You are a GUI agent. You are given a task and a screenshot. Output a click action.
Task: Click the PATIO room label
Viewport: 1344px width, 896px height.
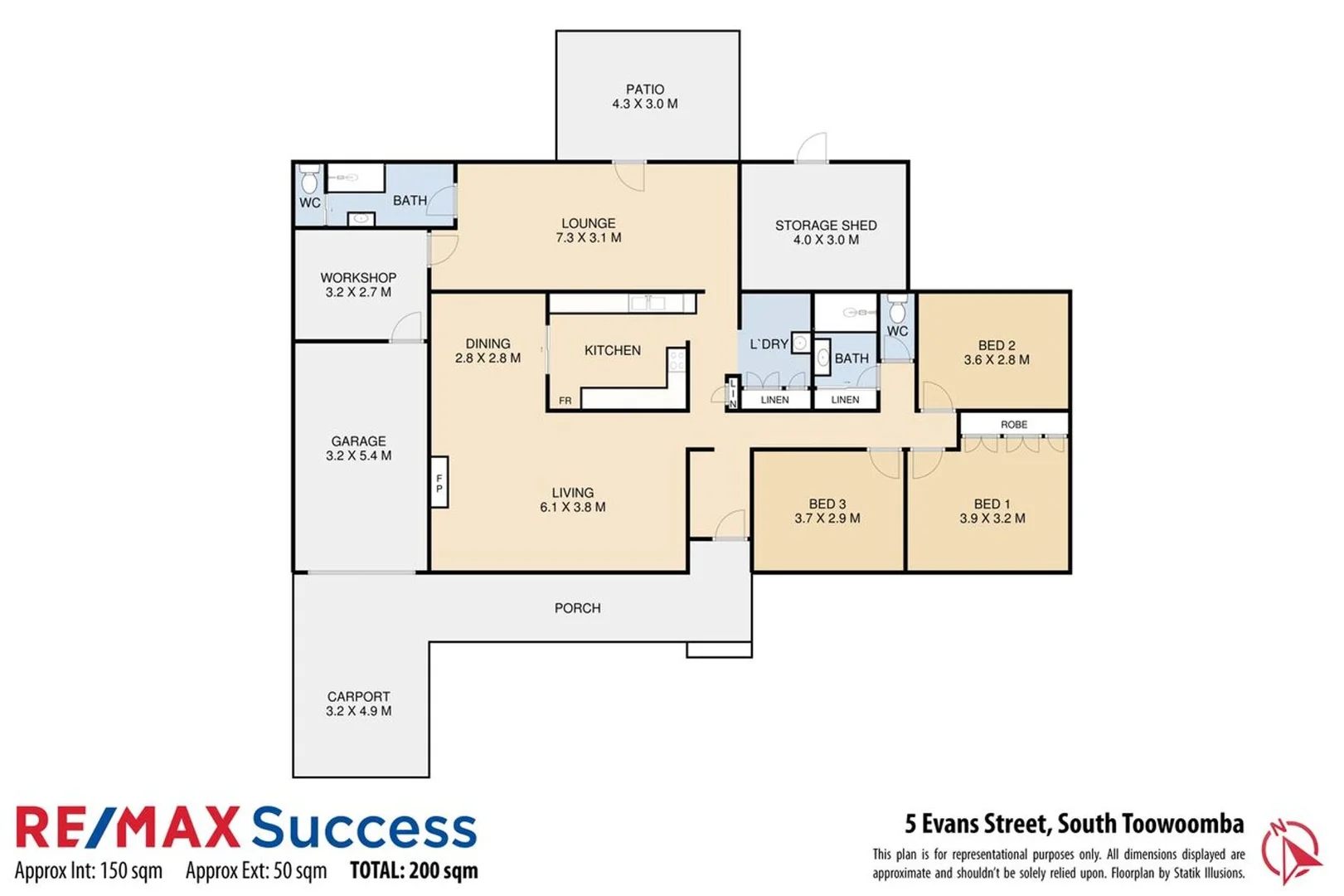[644, 89]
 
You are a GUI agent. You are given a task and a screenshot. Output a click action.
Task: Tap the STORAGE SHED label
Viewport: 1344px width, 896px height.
[825, 225]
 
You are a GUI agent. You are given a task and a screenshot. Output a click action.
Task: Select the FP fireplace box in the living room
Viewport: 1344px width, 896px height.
[439, 483]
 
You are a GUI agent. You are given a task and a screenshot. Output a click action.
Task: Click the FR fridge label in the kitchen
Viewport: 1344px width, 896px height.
[565, 401]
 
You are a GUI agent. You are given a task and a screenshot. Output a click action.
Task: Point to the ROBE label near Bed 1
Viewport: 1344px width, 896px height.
[1013, 424]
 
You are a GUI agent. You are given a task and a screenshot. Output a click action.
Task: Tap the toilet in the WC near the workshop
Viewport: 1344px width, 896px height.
[309, 180]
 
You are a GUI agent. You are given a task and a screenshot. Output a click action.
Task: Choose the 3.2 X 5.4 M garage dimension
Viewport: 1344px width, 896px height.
[358, 455]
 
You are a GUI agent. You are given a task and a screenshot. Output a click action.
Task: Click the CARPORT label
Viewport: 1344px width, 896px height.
[358, 696]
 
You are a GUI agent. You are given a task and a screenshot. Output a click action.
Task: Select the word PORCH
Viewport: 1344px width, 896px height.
[577, 607]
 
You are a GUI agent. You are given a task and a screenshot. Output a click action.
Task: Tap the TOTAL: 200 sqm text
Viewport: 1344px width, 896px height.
[414, 870]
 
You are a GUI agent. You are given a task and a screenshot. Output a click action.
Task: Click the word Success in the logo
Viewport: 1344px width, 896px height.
[364, 828]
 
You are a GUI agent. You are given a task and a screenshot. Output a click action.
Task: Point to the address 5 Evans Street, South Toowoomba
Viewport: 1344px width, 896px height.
[1074, 824]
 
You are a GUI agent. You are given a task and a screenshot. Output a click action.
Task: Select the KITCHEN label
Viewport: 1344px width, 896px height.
[612, 350]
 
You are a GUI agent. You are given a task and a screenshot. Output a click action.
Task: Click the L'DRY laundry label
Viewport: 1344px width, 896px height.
[768, 343]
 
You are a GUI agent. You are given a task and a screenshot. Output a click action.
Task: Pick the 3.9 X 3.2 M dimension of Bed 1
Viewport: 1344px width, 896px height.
[992, 519]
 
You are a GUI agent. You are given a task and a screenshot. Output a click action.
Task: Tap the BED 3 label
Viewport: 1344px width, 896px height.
[827, 504]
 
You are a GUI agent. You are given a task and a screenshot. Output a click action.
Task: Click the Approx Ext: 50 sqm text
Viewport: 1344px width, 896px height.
[255, 871]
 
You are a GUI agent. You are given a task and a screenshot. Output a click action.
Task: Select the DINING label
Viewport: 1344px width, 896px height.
[488, 343]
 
